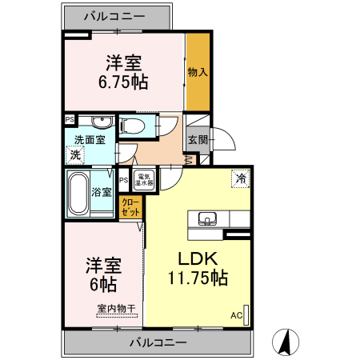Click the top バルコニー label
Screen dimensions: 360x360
point(117,15)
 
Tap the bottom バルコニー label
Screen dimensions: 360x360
point(158,342)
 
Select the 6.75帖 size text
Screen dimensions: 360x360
point(123,81)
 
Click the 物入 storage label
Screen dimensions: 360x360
point(198,72)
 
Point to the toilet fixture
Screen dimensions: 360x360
point(134,125)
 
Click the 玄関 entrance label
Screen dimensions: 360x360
point(198,139)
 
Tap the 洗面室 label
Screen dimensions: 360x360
point(85,139)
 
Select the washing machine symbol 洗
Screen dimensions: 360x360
point(76,154)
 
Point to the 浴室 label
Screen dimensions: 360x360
point(102,192)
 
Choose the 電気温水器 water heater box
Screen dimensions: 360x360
point(145,180)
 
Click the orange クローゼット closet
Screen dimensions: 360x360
point(130,206)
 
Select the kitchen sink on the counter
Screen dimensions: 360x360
point(207,218)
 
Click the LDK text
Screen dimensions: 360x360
point(196,258)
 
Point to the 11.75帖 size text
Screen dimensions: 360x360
point(197,278)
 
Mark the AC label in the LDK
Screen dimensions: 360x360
point(236,315)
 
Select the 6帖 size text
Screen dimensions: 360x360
point(102,284)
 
